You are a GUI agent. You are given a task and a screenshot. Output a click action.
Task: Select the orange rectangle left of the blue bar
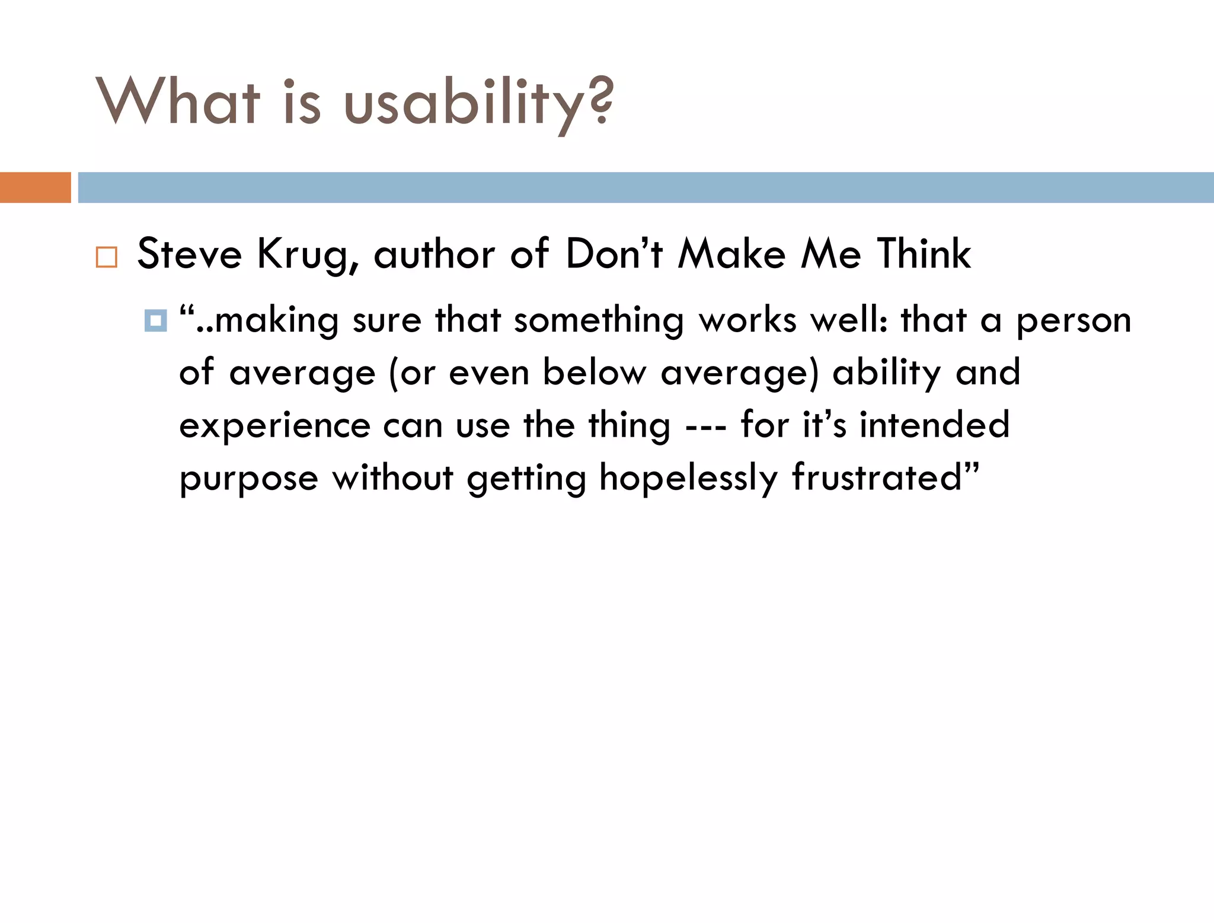coord(35,187)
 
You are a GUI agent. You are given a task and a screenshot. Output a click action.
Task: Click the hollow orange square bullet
coord(107,257)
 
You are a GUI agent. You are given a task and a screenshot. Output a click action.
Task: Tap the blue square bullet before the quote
coord(155,321)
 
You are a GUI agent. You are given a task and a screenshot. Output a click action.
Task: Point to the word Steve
coord(190,254)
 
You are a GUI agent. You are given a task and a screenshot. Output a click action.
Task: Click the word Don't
coord(614,254)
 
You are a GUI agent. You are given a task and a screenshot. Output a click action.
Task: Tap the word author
coord(434,254)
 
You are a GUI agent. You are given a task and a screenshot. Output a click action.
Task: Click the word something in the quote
coord(599,321)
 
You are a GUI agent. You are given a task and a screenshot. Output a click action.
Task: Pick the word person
coord(1074,321)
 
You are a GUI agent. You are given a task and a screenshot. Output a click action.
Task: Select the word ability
coord(887,373)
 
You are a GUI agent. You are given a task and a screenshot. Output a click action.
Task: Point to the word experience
coord(275,426)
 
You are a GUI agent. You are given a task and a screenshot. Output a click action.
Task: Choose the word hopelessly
coord(688,478)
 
